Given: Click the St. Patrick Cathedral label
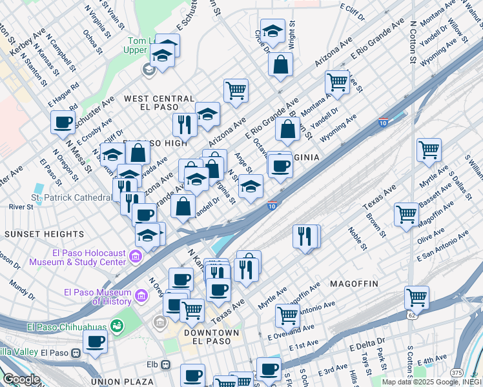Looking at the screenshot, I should [72, 197].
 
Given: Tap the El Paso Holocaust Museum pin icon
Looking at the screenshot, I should [136, 258].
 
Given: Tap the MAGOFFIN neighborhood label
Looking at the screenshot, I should [357, 284].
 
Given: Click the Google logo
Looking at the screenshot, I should [21, 379].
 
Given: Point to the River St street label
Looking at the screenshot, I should [21, 207].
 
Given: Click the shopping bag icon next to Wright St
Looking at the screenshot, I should [280, 64].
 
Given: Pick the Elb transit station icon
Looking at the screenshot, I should [166, 364].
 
